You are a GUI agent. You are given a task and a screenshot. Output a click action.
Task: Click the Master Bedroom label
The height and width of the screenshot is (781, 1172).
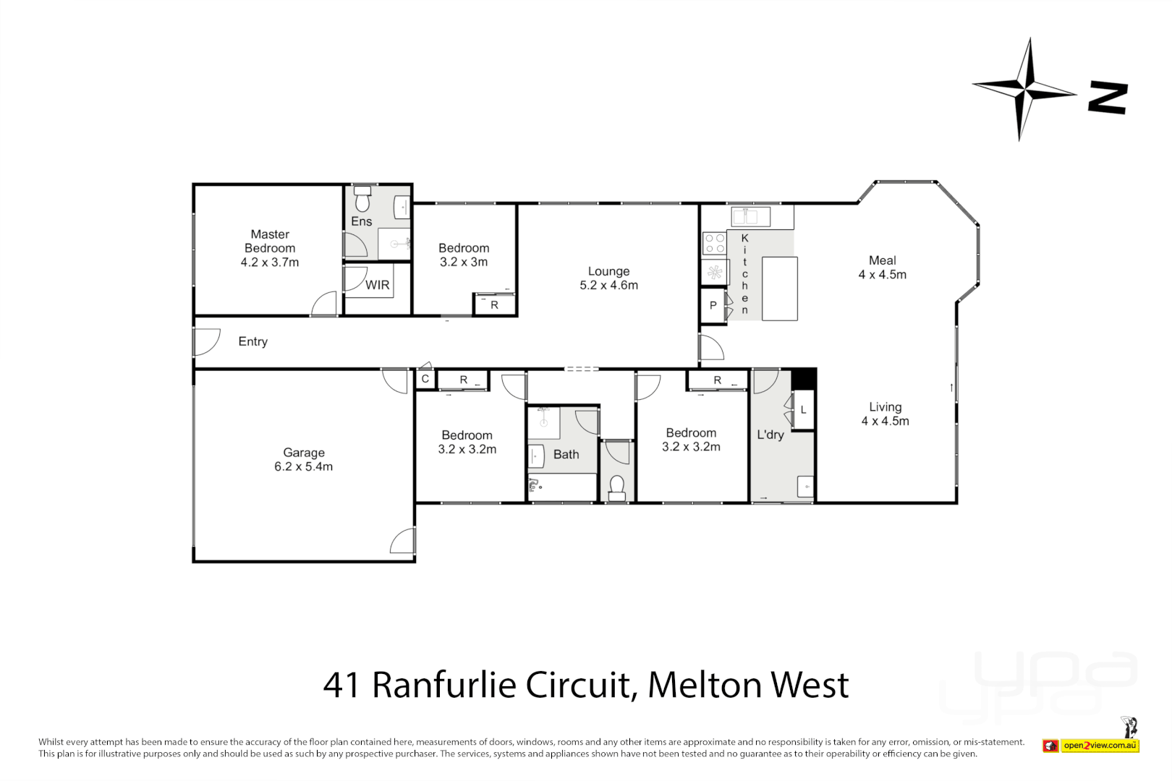click(270, 248)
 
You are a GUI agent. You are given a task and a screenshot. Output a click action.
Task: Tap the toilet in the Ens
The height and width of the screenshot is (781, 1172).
click(362, 198)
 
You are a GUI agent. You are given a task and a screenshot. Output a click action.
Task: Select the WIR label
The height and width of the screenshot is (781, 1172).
click(377, 285)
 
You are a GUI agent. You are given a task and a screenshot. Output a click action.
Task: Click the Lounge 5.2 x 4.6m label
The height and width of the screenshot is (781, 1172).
click(608, 278)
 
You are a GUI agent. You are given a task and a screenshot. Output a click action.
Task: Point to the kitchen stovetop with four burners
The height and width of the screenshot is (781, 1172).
click(715, 244)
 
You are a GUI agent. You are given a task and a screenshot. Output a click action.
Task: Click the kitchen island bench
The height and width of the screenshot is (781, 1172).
click(779, 289)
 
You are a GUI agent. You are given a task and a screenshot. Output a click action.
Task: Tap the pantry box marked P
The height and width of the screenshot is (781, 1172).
click(713, 305)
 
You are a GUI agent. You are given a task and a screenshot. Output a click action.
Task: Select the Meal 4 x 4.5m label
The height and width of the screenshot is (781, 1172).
click(882, 268)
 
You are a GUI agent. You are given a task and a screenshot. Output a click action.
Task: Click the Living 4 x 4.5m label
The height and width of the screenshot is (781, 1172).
click(885, 414)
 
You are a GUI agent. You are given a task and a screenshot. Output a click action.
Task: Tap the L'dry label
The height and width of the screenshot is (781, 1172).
click(770, 435)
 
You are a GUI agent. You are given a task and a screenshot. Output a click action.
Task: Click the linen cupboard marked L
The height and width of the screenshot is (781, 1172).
click(803, 410)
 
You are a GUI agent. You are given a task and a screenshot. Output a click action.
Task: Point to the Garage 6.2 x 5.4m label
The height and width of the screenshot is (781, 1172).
click(303, 459)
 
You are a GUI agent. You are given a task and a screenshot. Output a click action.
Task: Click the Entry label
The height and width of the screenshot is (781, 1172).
click(252, 341)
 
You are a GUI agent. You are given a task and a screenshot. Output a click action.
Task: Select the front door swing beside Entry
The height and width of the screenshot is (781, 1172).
click(206, 342)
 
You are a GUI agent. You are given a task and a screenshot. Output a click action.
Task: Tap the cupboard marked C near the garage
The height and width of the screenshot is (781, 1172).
click(425, 379)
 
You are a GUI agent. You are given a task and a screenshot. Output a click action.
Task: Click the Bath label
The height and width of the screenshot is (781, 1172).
click(566, 454)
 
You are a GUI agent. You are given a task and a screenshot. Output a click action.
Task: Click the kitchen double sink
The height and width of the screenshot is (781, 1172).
click(750, 216)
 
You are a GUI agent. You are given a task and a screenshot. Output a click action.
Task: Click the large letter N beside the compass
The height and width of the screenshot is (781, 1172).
click(1108, 98)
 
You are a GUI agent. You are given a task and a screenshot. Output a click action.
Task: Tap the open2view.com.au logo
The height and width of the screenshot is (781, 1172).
click(1100, 745)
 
